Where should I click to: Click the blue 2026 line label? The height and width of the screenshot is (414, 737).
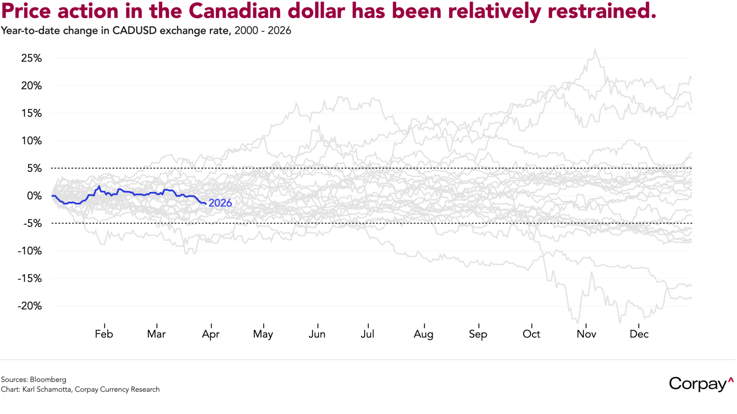click(220, 203)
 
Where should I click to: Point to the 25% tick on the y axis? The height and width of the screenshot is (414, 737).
click(31, 58)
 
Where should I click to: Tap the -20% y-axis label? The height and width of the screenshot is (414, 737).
click(30, 306)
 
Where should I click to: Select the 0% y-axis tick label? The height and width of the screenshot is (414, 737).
click(34, 196)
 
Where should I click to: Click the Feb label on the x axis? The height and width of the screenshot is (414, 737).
click(104, 334)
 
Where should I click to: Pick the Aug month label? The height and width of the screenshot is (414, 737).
click(423, 334)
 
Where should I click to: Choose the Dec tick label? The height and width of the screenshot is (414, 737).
click(639, 334)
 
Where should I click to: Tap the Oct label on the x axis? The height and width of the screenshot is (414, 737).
click(532, 334)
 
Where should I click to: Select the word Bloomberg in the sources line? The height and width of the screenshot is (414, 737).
click(48, 380)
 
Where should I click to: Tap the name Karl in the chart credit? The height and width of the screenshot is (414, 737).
click(29, 390)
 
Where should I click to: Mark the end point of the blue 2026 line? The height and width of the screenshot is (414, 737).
click(206, 203)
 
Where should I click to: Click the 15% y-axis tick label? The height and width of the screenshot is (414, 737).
click(31, 113)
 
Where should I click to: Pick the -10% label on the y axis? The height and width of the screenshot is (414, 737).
click(30, 251)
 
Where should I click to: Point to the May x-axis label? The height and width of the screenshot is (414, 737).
click(263, 334)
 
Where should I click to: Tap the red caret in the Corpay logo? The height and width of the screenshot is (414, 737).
click(731, 379)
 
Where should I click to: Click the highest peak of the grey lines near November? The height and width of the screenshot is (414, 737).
click(595, 49)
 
